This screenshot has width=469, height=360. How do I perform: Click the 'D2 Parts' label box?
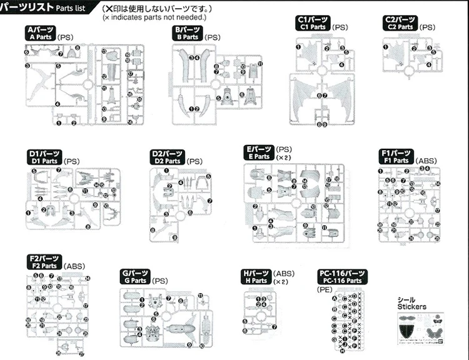(168, 157)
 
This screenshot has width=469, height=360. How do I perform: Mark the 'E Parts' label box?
(259, 152)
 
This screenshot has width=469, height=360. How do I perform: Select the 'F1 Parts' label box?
(395, 156)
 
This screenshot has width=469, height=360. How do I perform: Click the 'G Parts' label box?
(134, 277)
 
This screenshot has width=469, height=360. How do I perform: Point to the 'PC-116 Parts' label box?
(342, 277)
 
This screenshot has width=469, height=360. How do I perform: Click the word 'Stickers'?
(411, 307)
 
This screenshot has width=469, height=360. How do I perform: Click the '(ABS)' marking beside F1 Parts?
(427, 161)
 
